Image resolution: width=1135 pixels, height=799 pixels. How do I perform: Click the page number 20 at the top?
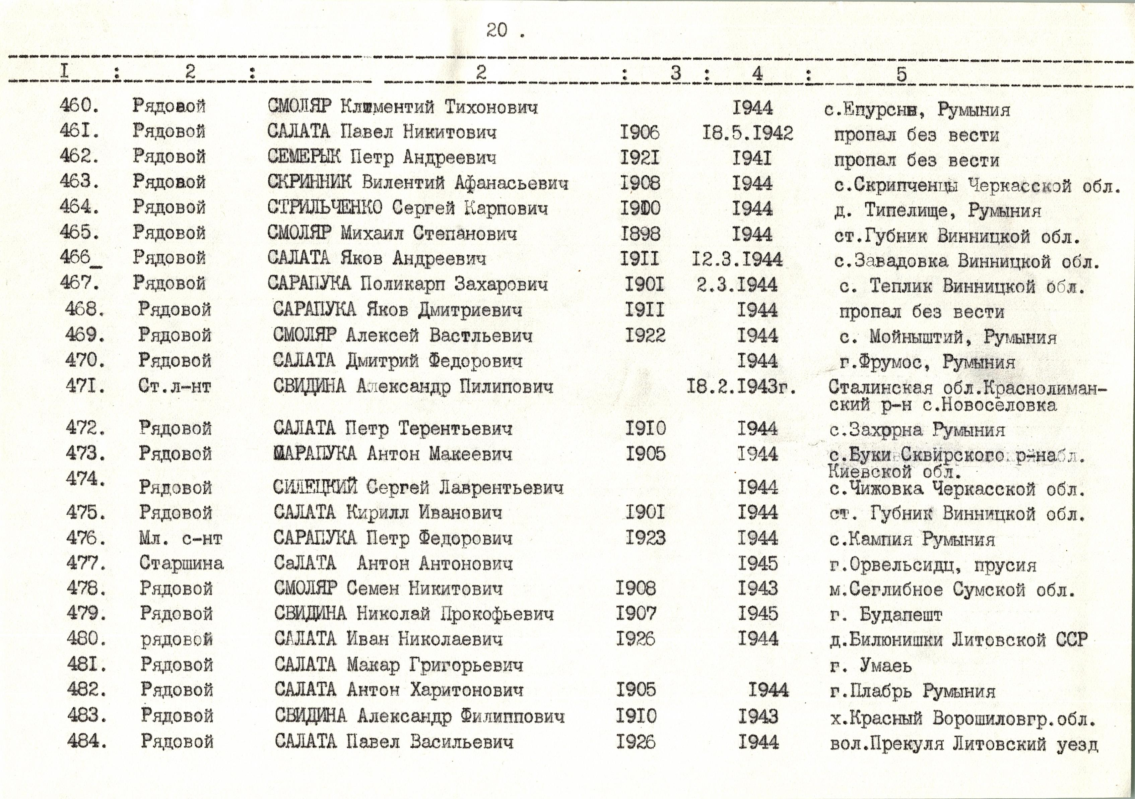click(x=496, y=30)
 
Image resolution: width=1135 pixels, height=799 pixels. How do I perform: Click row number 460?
click(x=79, y=106)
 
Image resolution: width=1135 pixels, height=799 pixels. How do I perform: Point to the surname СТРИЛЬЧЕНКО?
click(x=325, y=208)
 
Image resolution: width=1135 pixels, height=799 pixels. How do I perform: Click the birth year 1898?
click(x=640, y=233)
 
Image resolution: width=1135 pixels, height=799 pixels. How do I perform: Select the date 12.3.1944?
click(x=737, y=259)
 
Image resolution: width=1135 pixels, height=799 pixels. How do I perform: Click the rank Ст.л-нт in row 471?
click(x=175, y=386)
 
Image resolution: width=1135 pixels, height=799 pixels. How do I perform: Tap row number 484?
click(x=86, y=741)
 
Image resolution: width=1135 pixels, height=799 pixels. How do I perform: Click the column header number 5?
click(x=901, y=74)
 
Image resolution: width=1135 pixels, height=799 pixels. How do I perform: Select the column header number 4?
click(x=757, y=74)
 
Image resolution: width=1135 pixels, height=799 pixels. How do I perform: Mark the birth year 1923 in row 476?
click(x=645, y=538)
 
